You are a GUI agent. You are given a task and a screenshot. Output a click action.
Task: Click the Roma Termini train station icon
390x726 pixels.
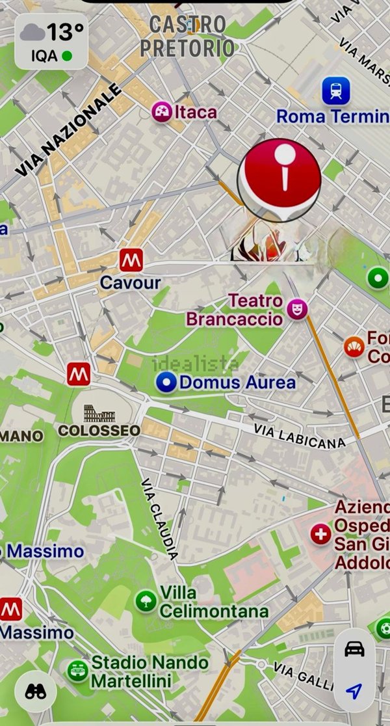click(x=335, y=91)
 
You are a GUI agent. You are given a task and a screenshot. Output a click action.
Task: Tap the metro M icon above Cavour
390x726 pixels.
click(x=131, y=260)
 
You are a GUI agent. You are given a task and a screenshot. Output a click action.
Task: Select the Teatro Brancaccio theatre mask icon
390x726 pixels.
click(x=297, y=309)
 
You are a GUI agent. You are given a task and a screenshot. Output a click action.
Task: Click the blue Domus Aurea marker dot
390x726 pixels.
click(x=167, y=383)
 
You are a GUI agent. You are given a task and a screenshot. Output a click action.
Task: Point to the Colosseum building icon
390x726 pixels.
click(x=99, y=413)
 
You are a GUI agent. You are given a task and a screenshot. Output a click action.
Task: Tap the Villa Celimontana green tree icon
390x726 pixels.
click(x=146, y=600)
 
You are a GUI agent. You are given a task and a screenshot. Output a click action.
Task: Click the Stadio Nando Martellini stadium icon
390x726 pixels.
click(x=77, y=671)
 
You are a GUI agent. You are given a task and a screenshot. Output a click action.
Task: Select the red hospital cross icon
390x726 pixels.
click(x=320, y=535)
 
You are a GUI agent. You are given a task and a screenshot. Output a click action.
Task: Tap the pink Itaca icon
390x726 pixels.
click(x=161, y=112)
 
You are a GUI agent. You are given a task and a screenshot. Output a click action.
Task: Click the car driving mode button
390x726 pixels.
click(x=354, y=649)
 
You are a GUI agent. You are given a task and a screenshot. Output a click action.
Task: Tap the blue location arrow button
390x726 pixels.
click(x=354, y=690)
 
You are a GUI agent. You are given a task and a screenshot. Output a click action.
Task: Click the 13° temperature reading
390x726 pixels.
click(x=65, y=31)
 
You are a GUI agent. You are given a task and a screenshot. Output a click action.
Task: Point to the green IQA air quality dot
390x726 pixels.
click(x=66, y=57)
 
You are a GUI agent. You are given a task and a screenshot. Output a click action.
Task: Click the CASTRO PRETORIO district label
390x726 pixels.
click(x=187, y=36)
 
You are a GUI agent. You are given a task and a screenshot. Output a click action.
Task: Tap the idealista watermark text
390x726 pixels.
click(x=195, y=364)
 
